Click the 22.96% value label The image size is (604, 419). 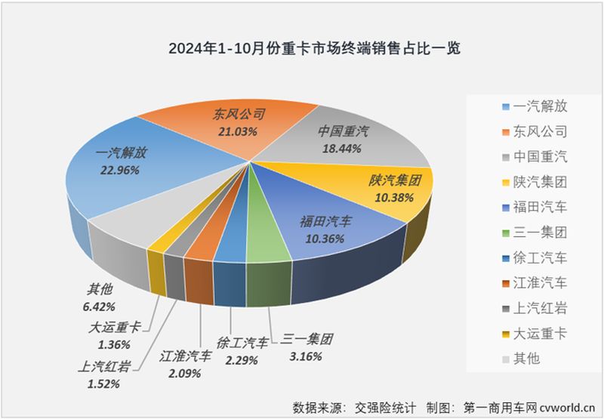point(119,171)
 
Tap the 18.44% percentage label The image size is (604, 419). point(343,148)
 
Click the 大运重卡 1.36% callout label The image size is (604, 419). point(116,335)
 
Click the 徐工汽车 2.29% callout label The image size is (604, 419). point(242,351)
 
